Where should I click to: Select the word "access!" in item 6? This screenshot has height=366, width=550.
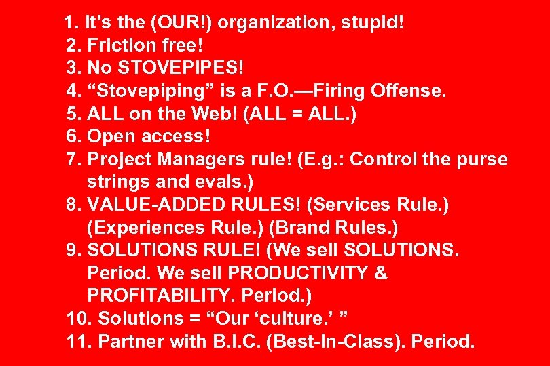click(x=178, y=136)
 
